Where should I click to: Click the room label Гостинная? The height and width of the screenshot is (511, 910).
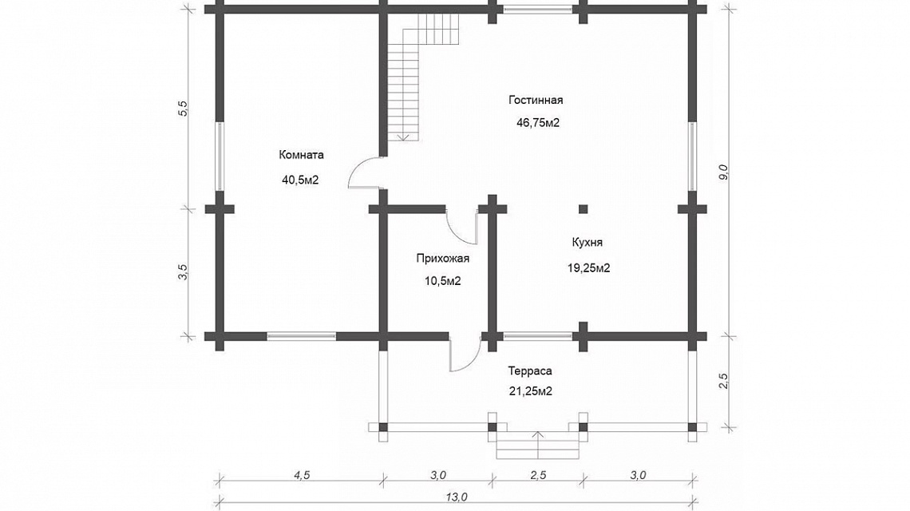(536, 100)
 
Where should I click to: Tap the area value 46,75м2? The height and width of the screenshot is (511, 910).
(538, 122)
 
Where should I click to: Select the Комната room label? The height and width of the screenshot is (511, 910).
(301, 155)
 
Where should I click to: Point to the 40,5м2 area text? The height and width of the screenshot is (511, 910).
(300, 180)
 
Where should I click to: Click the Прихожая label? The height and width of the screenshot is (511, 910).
(443, 259)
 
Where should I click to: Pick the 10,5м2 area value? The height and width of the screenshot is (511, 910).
(443, 281)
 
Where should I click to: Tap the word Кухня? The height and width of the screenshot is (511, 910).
(588, 242)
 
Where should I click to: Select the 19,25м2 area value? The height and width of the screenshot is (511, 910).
(588, 267)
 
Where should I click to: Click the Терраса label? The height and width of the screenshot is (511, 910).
(530, 370)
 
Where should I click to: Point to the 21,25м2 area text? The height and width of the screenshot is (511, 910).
(531, 391)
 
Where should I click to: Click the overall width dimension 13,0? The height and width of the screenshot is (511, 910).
(457, 497)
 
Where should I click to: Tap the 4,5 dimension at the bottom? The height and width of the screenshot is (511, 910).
(302, 475)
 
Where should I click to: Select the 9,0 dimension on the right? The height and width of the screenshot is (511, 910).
(722, 172)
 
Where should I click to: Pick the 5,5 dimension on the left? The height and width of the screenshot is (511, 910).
(184, 109)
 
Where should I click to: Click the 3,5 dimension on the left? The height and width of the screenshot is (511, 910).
(184, 271)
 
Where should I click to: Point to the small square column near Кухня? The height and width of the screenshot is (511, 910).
(583, 209)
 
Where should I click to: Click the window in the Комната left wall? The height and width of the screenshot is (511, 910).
(220, 156)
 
